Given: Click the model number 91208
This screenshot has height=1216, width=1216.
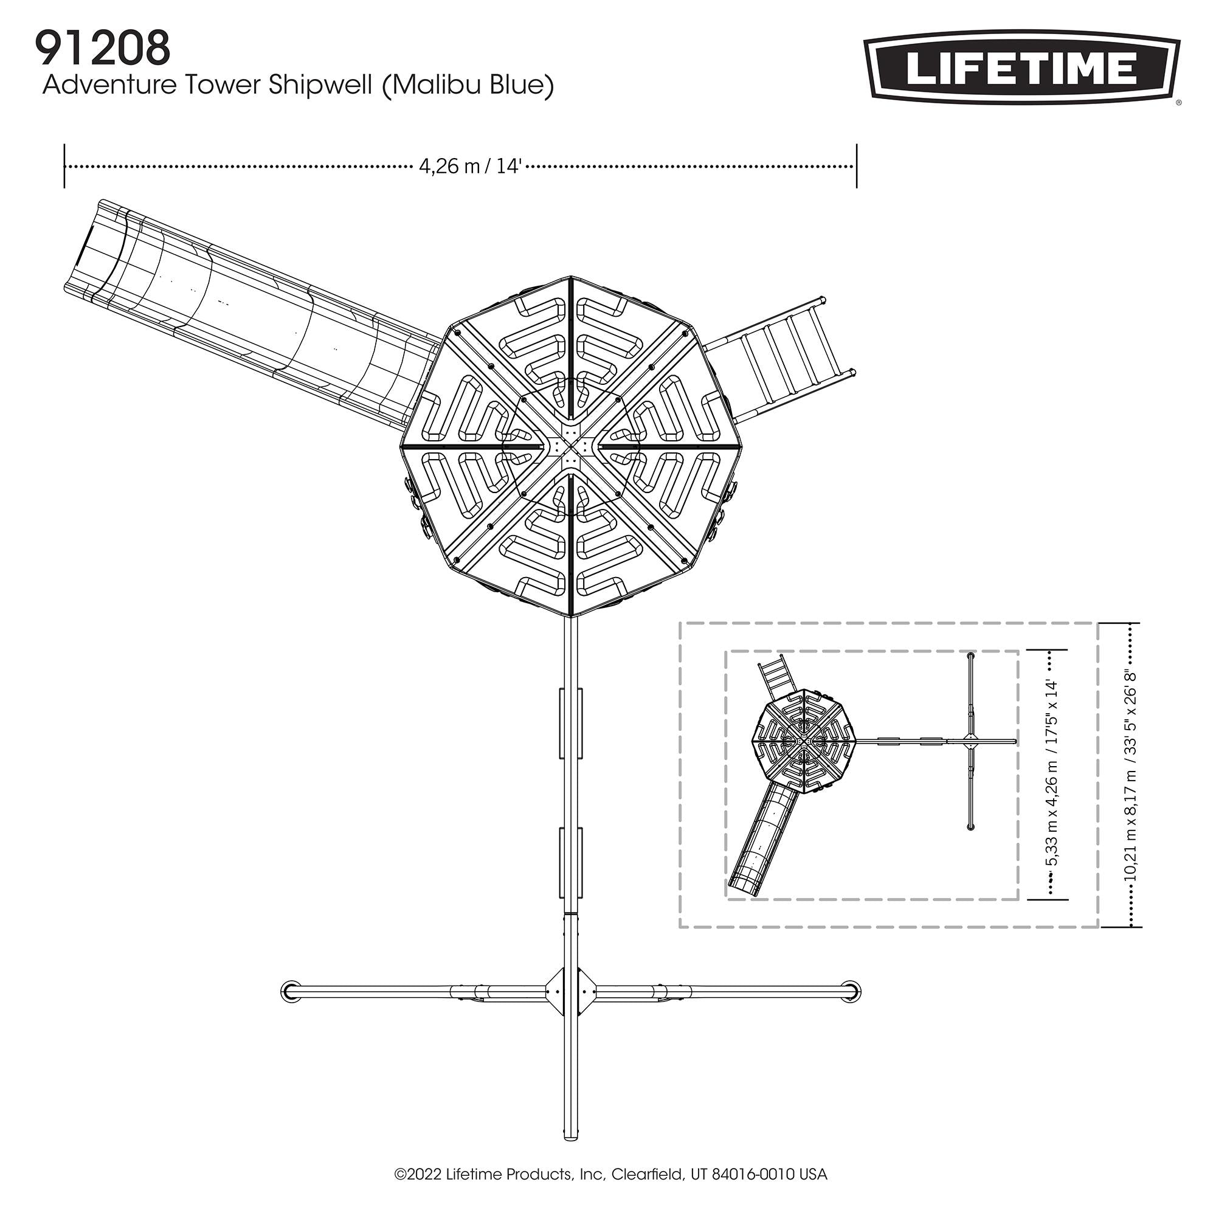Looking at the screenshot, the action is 103,49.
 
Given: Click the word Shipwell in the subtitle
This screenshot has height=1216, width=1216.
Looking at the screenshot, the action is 321,86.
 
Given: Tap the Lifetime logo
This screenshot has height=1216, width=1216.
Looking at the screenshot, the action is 1021,69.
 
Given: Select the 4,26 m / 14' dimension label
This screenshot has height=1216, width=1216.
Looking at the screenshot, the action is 471,167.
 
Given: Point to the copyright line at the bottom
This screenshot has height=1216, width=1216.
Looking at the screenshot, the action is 610,1174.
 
